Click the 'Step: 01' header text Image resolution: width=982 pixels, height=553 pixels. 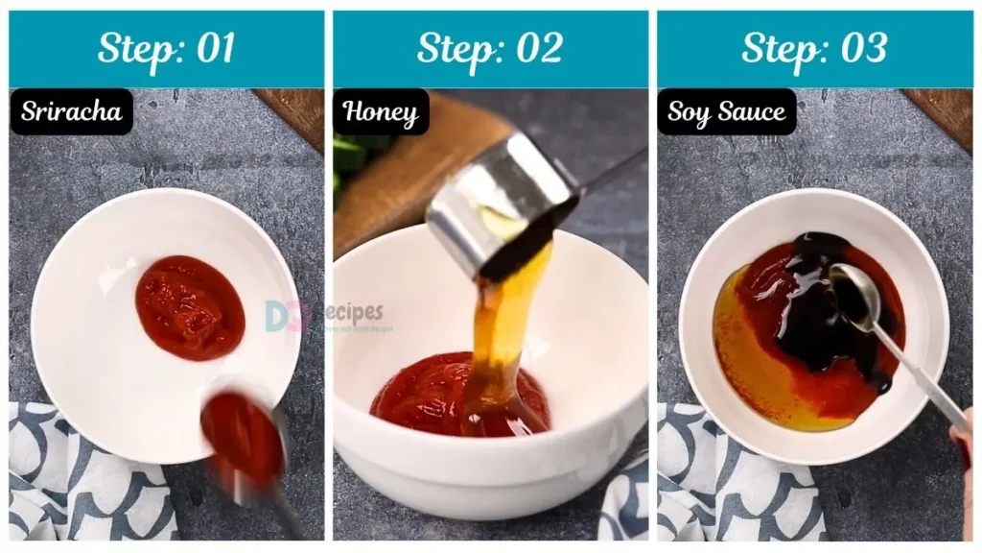point(166,48)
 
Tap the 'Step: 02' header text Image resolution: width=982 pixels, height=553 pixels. point(490,48)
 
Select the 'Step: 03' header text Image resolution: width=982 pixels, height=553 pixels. point(814,48)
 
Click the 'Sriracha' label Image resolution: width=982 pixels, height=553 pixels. point(72,112)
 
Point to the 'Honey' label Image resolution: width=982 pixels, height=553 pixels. point(381,113)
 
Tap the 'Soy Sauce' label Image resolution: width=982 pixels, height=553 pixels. point(726,112)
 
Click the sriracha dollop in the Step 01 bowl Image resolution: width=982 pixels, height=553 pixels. point(190,307)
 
